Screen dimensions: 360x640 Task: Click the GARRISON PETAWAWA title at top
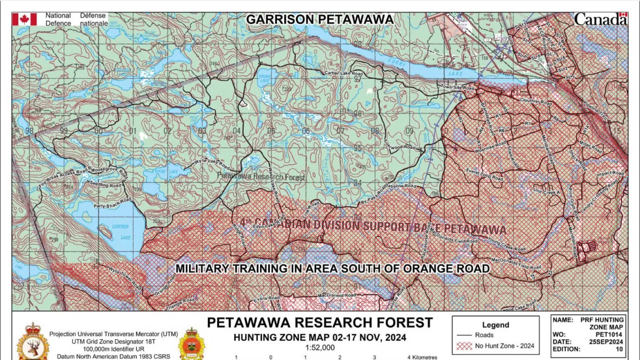(319, 20)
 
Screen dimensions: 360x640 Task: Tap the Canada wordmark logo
(601, 19)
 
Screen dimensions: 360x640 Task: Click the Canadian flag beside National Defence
(25, 20)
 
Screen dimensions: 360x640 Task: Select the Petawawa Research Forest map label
(261, 176)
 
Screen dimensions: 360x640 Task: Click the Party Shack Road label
(113, 202)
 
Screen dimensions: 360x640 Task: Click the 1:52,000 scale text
(319, 347)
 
